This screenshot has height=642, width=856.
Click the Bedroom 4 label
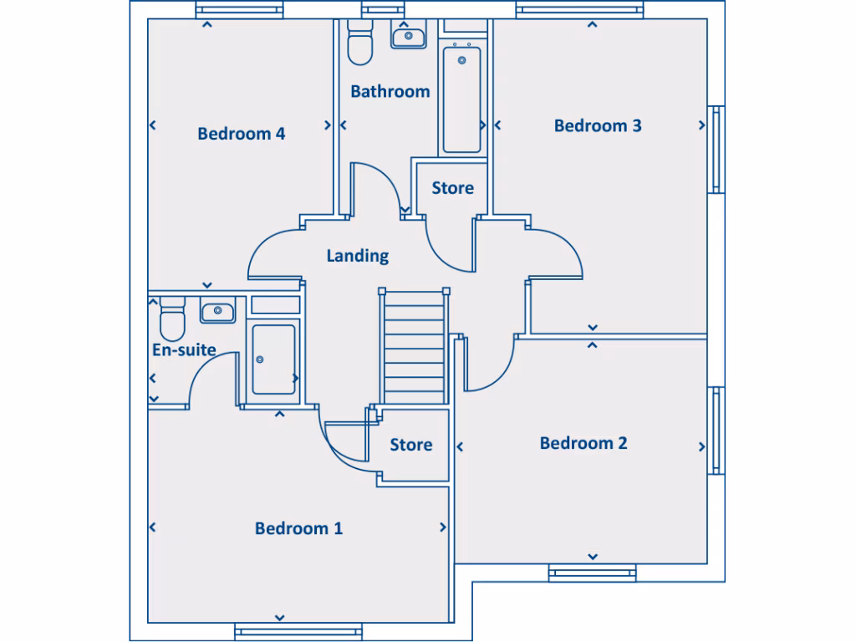(x=242, y=134)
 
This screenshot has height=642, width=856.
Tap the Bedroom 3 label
(x=598, y=125)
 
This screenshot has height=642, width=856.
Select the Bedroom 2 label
(x=583, y=443)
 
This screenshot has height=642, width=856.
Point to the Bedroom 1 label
(x=298, y=528)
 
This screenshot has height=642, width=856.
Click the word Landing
(x=358, y=256)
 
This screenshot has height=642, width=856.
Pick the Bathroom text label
(x=390, y=91)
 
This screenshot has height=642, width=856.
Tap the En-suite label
(x=184, y=349)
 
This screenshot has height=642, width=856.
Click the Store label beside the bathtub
(x=452, y=188)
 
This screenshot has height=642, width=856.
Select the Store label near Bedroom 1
(x=411, y=445)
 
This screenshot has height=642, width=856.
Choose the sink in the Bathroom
(x=409, y=36)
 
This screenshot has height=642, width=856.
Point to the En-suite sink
(x=217, y=312)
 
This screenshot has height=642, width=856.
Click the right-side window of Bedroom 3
(x=717, y=150)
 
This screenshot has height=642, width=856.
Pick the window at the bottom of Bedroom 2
(x=592, y=573)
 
